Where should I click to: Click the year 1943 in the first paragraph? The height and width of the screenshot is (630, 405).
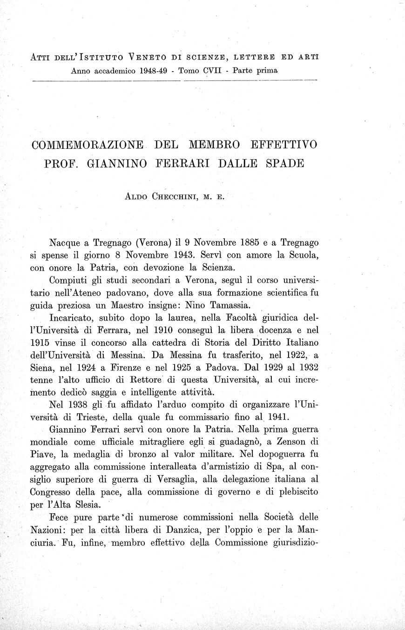[x=195, y=255]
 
